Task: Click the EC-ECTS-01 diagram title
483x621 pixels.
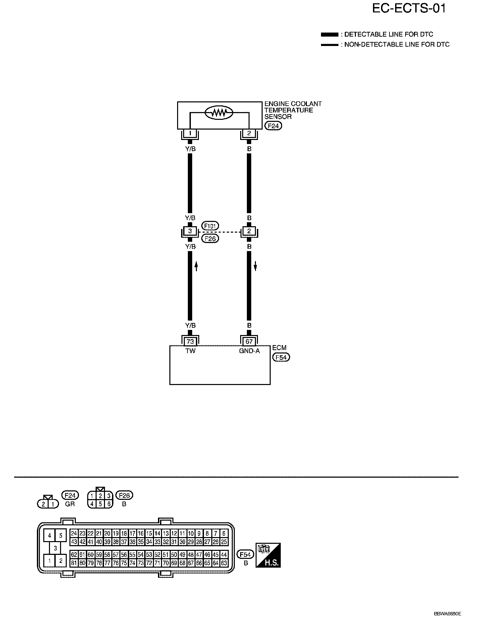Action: (x=409, y=8)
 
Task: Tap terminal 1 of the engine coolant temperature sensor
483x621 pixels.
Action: (x=190, y=133)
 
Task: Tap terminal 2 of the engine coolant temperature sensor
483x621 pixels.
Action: (x=249, y=133)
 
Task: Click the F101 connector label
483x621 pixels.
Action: (x=210, y=226)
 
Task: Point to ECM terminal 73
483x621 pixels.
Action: (x=190, y=342)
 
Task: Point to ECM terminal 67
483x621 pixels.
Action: (x=249, y=342)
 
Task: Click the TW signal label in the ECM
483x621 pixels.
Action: (x=190, y=351)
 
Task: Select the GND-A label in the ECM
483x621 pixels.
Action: (x=249, y=351)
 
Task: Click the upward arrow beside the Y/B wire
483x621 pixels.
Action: (x=197, y=267)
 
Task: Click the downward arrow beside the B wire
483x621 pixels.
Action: (x=255, y=267)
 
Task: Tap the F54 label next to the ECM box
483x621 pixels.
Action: (x=281, y=357)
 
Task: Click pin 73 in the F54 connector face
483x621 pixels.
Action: (x=141, y=563)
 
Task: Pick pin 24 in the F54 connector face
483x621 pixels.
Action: (x=74, y=533)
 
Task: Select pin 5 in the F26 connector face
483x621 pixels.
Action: (x=100, y=504)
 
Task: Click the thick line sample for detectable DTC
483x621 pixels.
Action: (x=329, y=35)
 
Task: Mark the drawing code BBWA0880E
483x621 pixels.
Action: (x=447, y=614)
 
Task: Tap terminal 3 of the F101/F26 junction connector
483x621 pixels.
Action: (x=190, y=231)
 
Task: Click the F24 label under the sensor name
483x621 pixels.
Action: (x=273, y=126)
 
